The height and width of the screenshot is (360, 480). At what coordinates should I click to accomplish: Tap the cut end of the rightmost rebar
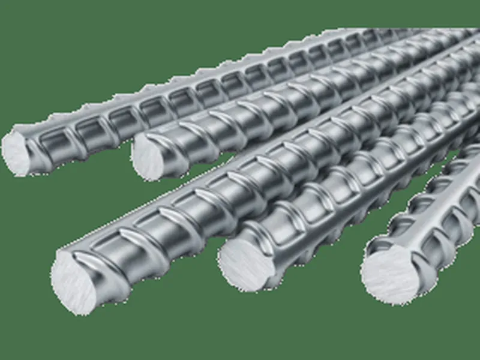coord(391,274)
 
